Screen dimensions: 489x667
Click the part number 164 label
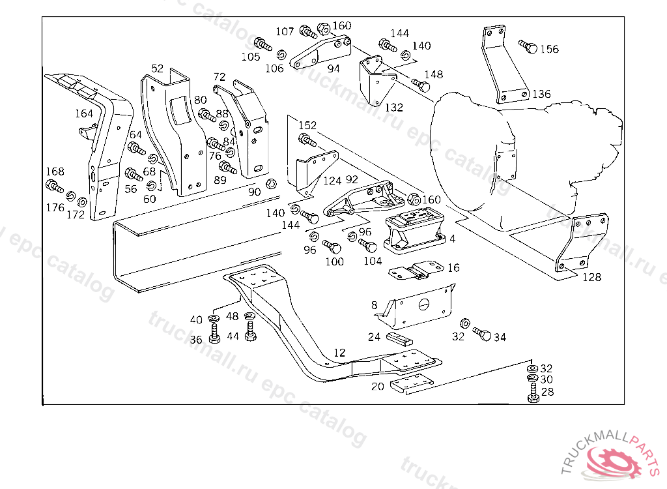tap(84, 113)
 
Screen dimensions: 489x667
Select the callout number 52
tap(158, 68)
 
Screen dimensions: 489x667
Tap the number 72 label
tap(220, 77)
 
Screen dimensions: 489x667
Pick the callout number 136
tap(541, 94)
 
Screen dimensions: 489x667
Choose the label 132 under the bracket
tap(393, 108)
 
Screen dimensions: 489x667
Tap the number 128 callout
tap(591, 277)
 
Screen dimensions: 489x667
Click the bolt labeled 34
tap(482, 333)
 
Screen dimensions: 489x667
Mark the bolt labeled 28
tap(532, 393)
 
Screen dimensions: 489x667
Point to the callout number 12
tap(339, 353)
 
